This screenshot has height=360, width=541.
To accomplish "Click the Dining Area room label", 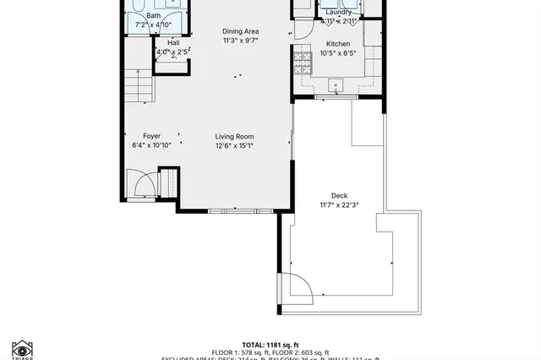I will coord(240,30).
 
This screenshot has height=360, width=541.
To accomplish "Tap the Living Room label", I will coord(234,136).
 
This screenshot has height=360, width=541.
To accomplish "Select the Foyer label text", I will coord(151,136).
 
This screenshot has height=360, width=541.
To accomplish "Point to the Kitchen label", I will coord(338,43).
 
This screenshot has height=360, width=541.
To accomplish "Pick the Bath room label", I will coord(153,15).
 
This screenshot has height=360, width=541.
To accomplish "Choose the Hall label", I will coord(172,43).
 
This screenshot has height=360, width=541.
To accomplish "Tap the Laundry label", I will coord(338,13).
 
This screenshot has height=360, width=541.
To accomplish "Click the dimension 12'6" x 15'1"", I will coord(234,145).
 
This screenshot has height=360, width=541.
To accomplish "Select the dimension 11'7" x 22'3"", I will coord(339,205).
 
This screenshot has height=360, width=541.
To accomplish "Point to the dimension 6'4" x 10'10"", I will coord(151,145).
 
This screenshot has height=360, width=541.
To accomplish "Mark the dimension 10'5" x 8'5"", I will coord(338,53).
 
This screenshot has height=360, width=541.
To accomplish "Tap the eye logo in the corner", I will coord(22,347).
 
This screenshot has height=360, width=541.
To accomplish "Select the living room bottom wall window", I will coord(230,210).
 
